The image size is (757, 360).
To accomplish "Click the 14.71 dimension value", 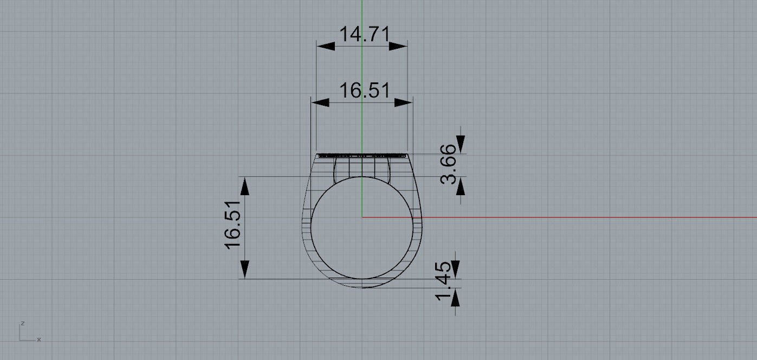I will click(x=364, y=35).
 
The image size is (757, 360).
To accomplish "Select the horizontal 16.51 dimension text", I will click(x=364, y=91).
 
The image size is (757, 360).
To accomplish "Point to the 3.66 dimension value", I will click(x=449, y=164).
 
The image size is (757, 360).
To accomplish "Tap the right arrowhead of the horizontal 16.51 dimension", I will click(x=404, y=102).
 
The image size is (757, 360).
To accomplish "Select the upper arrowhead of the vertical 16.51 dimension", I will click(x=245, y=187).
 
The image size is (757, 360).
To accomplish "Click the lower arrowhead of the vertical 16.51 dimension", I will click(x=245, y=269).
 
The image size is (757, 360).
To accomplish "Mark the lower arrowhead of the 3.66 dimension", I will click(x=461, y=186).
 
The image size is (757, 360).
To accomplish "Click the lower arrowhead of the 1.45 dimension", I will click(x=455, y=298).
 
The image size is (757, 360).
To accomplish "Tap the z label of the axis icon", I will click(x=22, y=323).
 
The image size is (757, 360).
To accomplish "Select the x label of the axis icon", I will click(x=39, y=339).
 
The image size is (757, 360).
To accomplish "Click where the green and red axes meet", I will click(x=362, y=217).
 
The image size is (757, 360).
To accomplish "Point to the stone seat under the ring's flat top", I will click(x=362, y=167).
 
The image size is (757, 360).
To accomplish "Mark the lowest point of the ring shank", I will click(x=362, y=287).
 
